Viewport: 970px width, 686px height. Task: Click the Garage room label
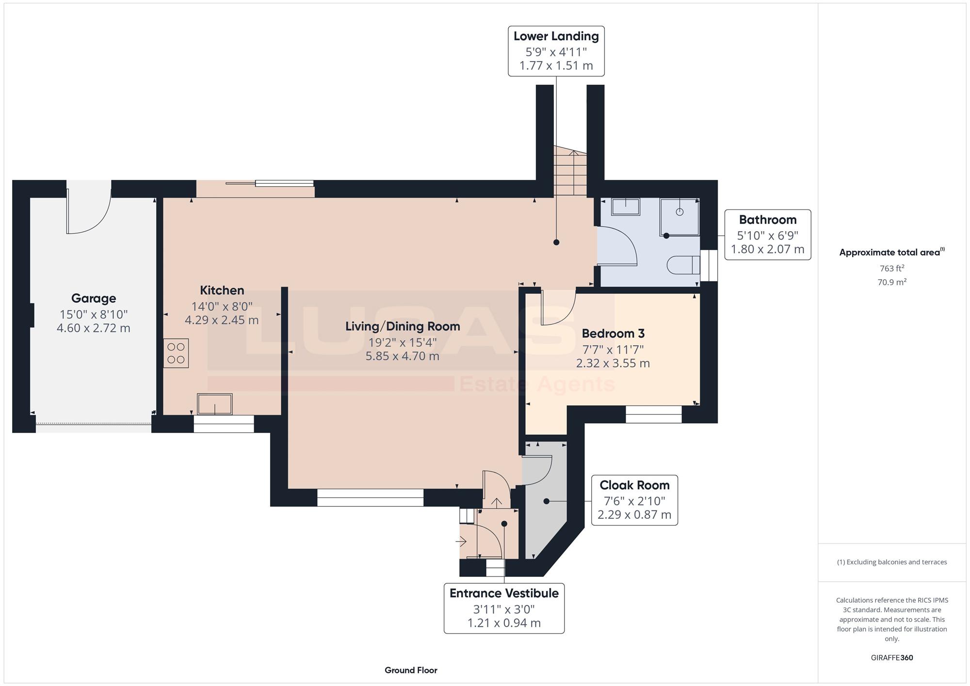[94, 298]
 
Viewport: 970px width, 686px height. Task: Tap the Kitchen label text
[222, 290]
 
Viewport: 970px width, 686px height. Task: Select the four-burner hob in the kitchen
[176, 353]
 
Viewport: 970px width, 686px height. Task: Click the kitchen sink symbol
[214, 404]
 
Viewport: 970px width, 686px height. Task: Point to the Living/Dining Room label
[403, 326]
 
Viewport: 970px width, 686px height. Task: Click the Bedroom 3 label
[613, 334]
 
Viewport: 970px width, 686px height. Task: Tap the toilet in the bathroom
[683, 265]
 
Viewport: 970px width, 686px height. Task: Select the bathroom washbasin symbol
[626, 207]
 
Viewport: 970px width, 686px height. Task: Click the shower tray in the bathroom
[679, 217]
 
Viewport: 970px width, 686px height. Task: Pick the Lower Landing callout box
[556, 51]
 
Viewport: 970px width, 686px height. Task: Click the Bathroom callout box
[768, 235]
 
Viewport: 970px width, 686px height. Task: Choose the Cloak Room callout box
[634, 500]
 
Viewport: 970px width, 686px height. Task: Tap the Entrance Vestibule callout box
[504, 608]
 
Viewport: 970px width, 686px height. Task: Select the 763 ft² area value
[892, 268]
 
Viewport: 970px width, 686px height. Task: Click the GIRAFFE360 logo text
[892, 658]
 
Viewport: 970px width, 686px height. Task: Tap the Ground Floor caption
[411, 670]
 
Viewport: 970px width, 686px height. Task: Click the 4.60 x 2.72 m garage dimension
[94, 328]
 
